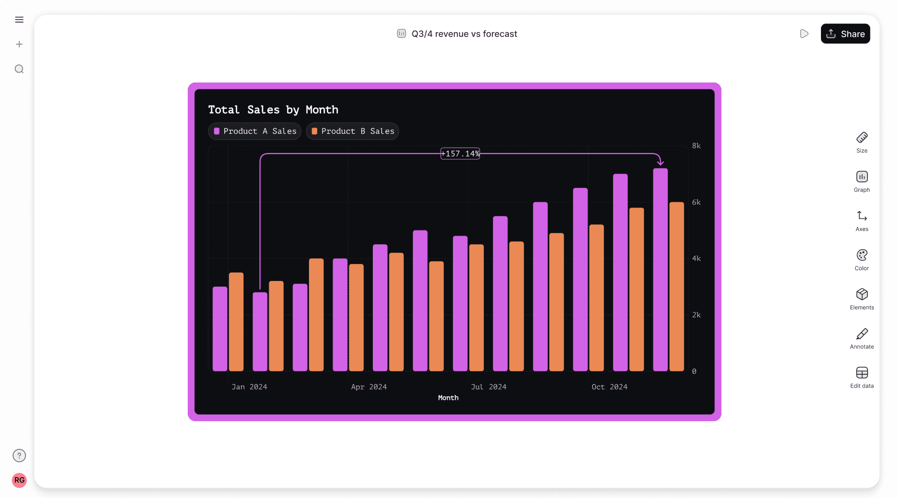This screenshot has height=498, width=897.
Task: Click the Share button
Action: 845,34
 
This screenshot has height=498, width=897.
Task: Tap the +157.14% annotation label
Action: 460,154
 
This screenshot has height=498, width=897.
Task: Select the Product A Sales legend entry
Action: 255,131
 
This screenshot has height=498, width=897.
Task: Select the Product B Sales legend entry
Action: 352,131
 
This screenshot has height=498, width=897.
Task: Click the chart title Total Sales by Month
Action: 273,110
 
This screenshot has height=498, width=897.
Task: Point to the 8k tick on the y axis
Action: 696,146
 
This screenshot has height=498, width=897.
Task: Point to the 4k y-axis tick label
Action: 696,258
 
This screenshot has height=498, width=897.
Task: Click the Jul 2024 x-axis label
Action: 488,387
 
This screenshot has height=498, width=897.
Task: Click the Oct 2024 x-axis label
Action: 609,387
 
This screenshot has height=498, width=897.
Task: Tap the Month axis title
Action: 448,398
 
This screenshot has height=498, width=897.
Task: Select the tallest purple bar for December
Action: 660,269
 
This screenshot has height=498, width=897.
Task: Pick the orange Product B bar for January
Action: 236,321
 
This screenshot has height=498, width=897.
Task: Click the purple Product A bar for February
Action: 260,332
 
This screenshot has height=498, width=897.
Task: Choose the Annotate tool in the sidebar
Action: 862,338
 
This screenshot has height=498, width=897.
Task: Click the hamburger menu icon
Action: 19,20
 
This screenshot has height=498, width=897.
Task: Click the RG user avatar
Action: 19,480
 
